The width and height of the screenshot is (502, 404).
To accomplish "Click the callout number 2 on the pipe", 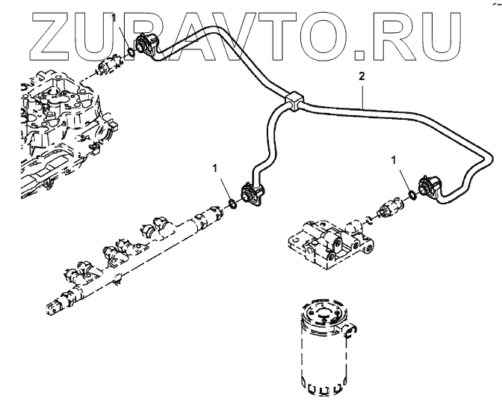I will [362, 77].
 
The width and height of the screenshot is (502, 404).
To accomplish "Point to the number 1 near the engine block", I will [114, 17].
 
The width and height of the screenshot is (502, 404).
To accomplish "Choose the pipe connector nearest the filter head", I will [431, 187].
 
